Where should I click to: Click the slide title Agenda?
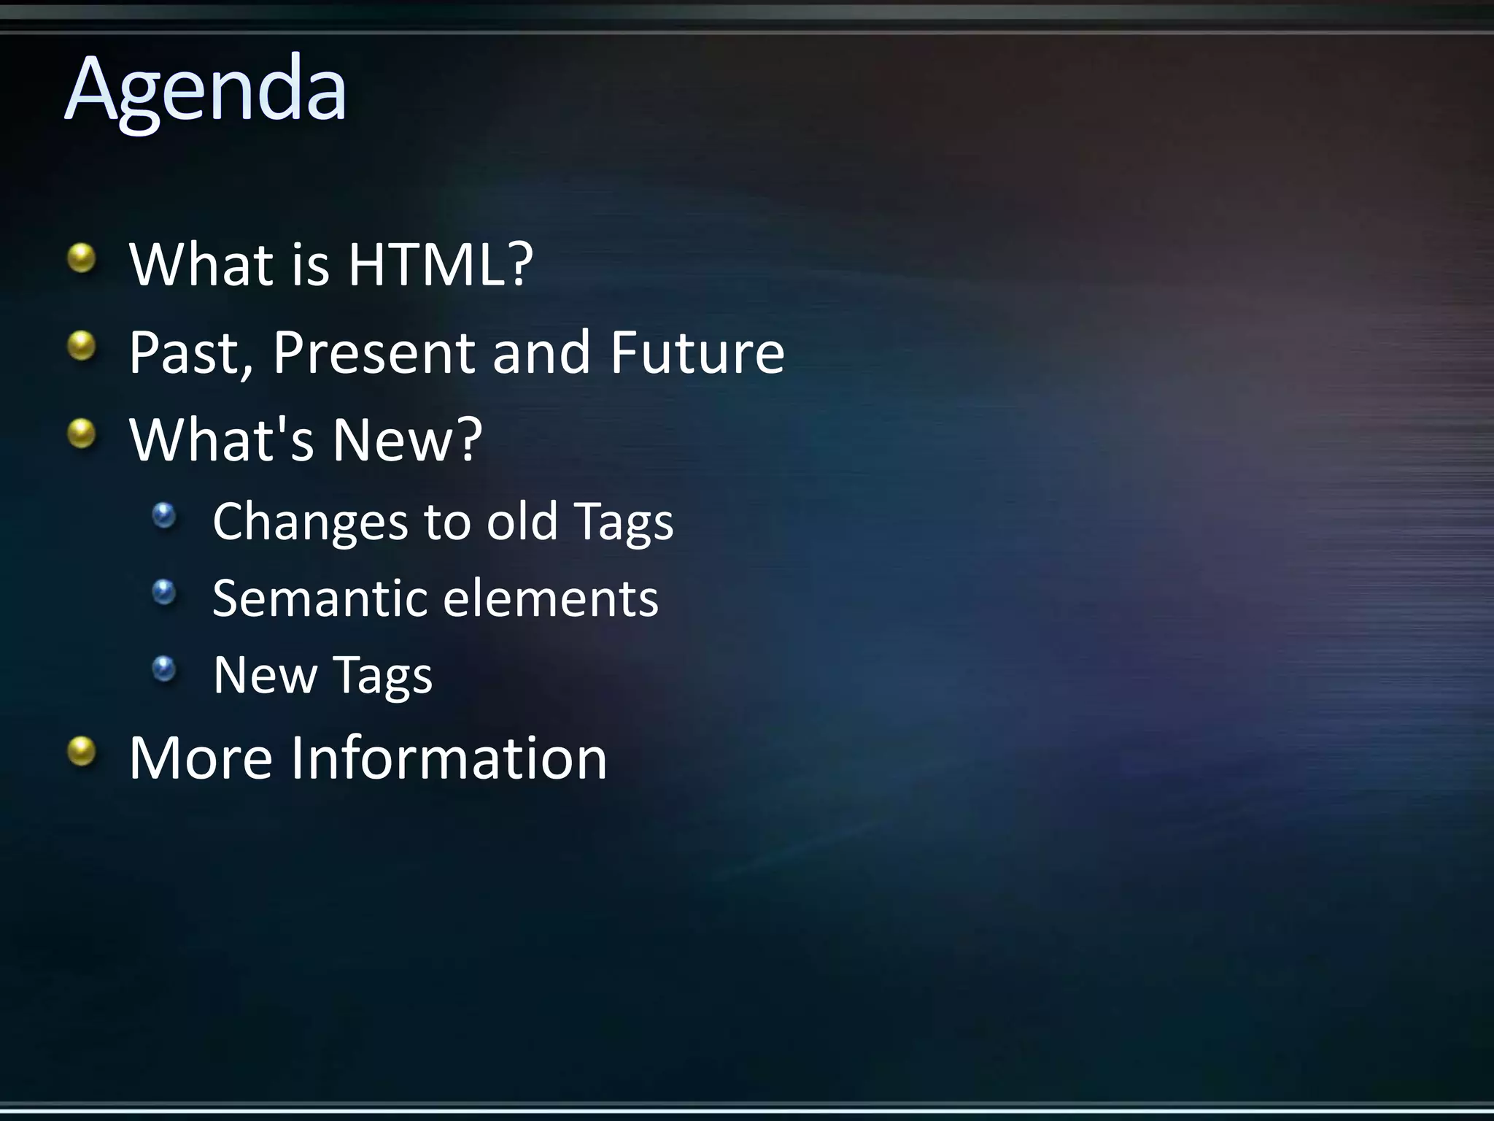click(x=206, y=91)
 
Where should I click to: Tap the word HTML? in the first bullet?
click(x=440, y=264)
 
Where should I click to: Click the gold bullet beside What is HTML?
click(x=82, y=258)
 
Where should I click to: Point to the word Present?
click(x=374, y=353)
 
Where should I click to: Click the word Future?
click(x=697, y=353)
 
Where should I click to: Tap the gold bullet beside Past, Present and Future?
click(x=82, y=346)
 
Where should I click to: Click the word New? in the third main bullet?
click(x=407, y=440)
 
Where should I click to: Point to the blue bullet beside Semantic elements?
click(x=165, y=592)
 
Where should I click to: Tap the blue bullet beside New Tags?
click(x=165, y=669)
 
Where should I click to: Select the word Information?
click(x=449, y=758)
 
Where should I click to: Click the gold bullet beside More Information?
click(x=82, y=752)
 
